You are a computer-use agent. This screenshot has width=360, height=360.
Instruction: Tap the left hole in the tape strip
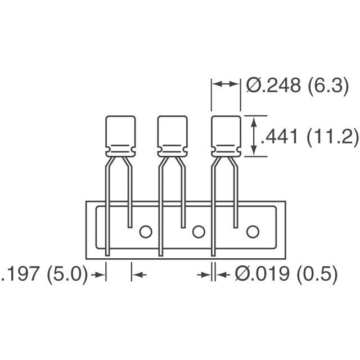click(x=146, y=231)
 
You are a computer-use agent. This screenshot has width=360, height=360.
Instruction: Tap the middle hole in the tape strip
click(x=198, y=231)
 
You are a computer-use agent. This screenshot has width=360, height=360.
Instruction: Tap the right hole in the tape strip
click(x=252, y=231)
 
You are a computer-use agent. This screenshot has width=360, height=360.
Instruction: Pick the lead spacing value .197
click(x=20, y=274)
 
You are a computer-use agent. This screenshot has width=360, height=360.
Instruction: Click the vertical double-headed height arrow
click(x=254, y=136)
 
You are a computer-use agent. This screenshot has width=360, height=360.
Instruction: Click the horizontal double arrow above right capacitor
click(x=226, y=84)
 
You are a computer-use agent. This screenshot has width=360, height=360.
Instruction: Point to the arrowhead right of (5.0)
click(x=100, y=274)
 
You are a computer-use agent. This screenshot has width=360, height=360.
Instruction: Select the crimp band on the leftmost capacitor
click(x=121, y=150)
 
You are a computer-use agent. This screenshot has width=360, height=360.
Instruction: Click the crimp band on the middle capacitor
click(x=172, y=150)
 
